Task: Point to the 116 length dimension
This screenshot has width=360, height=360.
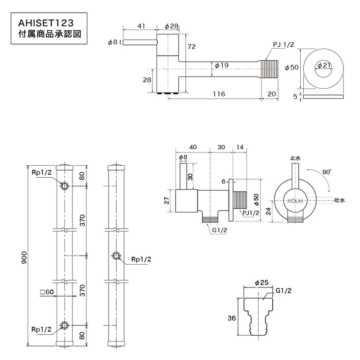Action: tap(219, 94)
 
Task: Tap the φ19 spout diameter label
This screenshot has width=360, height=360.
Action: tap(221, 65)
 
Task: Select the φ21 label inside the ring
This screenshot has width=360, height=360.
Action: tap(324, 66)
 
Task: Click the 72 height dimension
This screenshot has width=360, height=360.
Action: tap(192, 47)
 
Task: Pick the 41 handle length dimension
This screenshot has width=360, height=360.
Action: tap(141, 27)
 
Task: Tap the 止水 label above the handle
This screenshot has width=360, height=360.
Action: tap(295, 158)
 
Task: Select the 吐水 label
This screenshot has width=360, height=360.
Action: tap(339, 201)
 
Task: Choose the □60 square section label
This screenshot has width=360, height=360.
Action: tap(47, 292)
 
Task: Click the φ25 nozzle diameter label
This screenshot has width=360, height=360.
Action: tap(261, 282)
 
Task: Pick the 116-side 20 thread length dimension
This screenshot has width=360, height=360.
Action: tap(271, 94)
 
